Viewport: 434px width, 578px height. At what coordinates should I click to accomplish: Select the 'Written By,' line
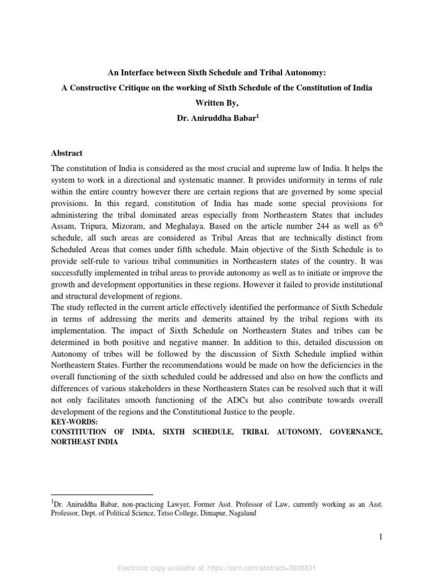click(217, 104)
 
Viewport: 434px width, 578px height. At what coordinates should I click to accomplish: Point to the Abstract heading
click(67, 153)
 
